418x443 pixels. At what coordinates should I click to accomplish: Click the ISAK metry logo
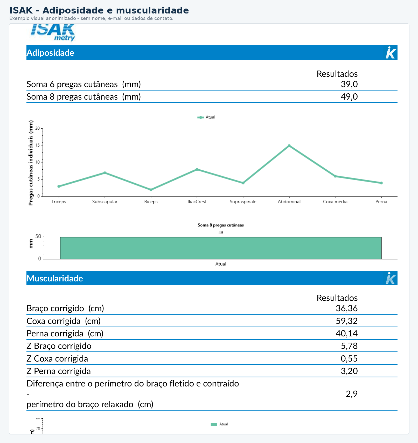click(x=53, y=32)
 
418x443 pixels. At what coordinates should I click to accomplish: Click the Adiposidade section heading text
click(x=50, y=53)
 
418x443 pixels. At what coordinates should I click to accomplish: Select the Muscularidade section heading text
click(x=55, y=278)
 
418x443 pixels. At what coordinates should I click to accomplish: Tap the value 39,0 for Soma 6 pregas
click(x=349, y=84)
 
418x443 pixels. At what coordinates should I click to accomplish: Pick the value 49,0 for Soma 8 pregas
click(x=349, y=97)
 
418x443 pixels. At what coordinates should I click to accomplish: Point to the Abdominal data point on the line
click(x=289, y=146)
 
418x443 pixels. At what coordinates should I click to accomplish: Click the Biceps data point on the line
click(x=151, y=190)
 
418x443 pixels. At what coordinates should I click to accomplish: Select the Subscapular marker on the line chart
click(x=105, y=173)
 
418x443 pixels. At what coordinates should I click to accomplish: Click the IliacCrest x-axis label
click(x=197, y=202)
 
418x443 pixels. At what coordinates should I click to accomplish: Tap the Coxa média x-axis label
click(x=335, y=202)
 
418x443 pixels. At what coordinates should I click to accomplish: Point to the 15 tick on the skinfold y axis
click(x=38, y=145)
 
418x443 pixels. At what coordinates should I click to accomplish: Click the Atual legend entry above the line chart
click(x=206, y=117)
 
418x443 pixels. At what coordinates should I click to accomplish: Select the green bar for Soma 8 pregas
click(x=221, y=248)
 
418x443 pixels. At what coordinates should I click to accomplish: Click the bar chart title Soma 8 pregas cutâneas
click(x=221, y=225)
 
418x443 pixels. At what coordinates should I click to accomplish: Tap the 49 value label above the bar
click(x=221, y=232)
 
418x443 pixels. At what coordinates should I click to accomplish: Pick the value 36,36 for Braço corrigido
click(x=347, y=308)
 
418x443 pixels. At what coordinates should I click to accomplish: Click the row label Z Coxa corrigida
click(x=57, y=359)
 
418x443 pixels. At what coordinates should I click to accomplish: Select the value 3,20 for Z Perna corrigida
click(x=349, y=371)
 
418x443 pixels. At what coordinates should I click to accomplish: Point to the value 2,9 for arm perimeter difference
click(x=352, y=394)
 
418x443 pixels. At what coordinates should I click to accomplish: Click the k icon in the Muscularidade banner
click(x=391, y=278)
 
